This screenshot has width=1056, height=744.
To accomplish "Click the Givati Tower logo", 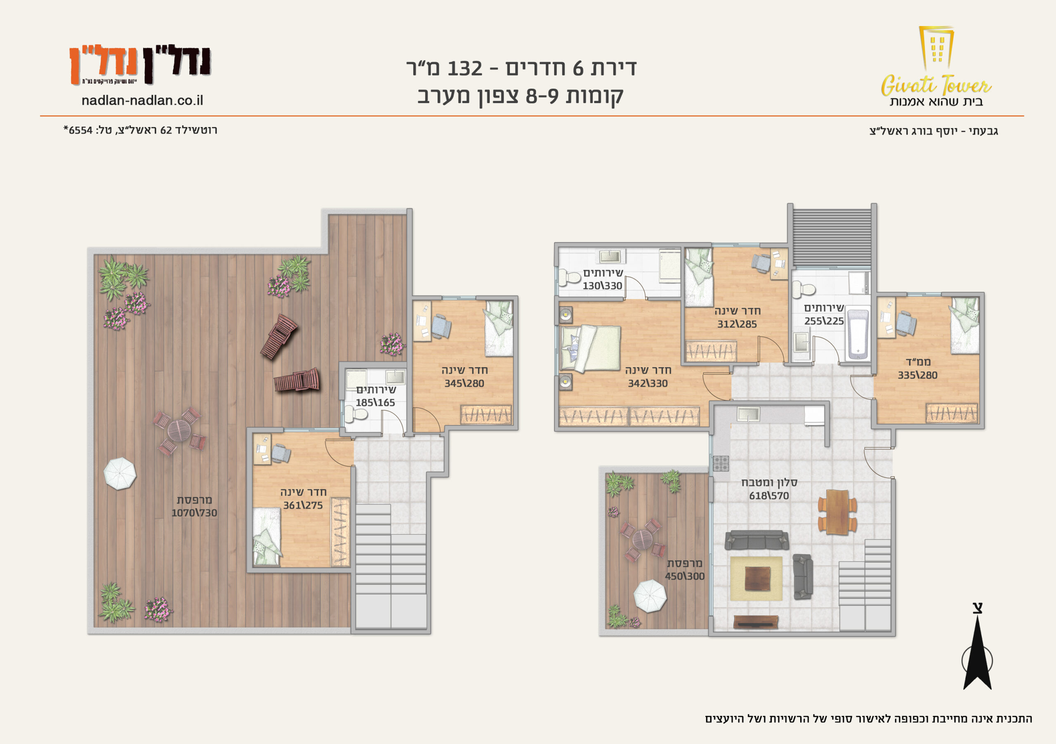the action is point(936,66).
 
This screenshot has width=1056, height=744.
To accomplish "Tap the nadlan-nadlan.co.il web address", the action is point(142,100).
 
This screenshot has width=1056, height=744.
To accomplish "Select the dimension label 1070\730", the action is point(194,513).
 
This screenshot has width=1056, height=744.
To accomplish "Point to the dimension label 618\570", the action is point(769,496).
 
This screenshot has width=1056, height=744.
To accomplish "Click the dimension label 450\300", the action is point(685,576).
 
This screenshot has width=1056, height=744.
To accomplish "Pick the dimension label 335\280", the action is point(917,375).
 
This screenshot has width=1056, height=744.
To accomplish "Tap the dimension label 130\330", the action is point(603,286).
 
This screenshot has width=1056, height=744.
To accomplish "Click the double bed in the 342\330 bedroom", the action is point(591,348).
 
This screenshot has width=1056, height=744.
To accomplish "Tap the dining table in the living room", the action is point(837,512).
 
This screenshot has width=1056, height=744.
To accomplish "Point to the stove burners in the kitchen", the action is point(721,463).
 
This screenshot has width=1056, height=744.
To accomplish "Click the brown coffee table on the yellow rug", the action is point(757,579).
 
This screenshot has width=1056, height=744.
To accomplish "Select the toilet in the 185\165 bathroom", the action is point(356,414).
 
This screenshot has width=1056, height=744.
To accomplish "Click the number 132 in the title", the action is point(464,68).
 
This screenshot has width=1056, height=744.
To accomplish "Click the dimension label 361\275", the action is point(303,505).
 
